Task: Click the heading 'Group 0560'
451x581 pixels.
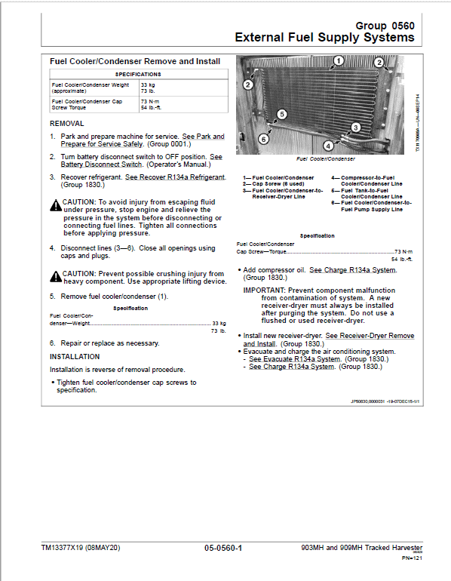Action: pos(385,24)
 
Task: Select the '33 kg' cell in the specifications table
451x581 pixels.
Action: pos(149,85)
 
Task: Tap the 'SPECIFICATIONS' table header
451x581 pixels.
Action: pos(137,75)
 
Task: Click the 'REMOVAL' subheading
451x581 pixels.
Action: pos(66,123)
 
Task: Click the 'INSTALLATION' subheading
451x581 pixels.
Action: pos(75,356)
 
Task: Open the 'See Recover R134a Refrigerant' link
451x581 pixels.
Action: pos(174,177)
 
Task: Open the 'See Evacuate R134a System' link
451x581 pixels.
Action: pos(291,359)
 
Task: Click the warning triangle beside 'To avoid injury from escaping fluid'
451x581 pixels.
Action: pos(55,204)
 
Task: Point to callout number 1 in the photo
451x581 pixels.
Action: pos(339,60)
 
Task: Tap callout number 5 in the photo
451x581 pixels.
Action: pos(281,114)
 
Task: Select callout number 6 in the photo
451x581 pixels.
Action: pos(263,139)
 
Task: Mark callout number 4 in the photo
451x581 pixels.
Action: pos(328,146)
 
